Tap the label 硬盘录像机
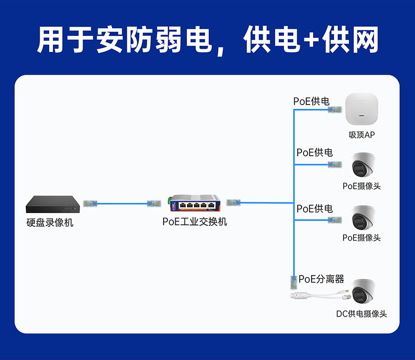pyautogui.click(x=50, y=223)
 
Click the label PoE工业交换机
pyautogui.click(x=195, y=222)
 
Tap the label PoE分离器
pyautogui.click(x=321, y=279)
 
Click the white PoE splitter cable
pyautogui.click(x=318, y=295)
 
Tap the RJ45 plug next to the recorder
pyautogui.click(x=90, y=203)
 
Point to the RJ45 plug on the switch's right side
pyautogui.click(x=233, y=202)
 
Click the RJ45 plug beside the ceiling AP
pyautogui.click(x=335, y=110)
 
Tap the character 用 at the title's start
pyautogui.click(x=51, y=40)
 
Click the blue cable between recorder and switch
pyautogui.click(x=122, y=203)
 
